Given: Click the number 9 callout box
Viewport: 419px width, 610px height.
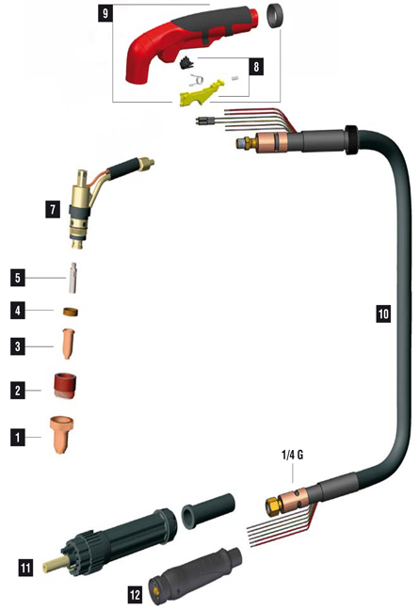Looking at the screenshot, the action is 105,14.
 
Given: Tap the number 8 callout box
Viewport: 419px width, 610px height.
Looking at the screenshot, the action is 256,67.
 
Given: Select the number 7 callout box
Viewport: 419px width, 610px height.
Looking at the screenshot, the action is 53,210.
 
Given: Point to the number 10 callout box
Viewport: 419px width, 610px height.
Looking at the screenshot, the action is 383,313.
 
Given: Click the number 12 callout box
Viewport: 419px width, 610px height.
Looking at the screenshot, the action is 135,595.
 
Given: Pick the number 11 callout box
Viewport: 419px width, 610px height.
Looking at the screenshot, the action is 25,568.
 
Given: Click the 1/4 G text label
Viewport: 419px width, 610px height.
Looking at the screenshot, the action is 292,455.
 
